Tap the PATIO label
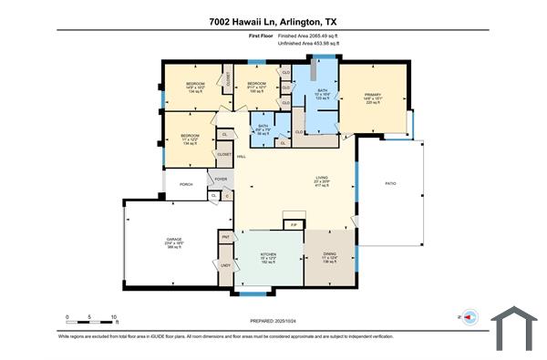pos(390,183)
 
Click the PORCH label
pos(186,184)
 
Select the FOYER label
pos(221,180)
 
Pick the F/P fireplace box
pos(293,223)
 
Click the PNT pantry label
pos(224,237)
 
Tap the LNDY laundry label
pos(224,265)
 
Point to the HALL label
pos(242,157)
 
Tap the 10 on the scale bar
pos(114,317)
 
